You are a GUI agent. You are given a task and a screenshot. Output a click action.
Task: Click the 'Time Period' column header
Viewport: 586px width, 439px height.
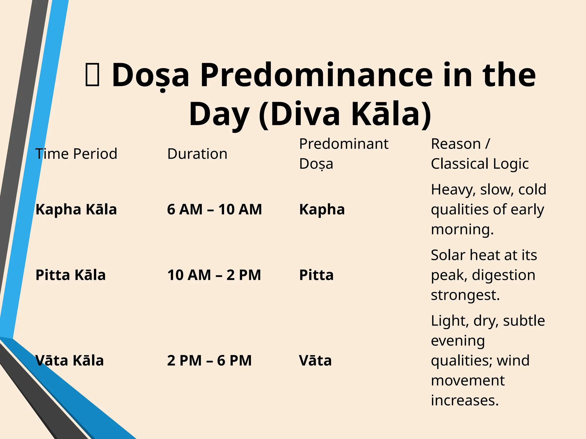coord(76,154)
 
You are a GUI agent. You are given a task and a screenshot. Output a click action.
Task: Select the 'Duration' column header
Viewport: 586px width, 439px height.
coord(197,154)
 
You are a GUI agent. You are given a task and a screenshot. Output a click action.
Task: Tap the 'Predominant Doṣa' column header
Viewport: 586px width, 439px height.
coord(343,154)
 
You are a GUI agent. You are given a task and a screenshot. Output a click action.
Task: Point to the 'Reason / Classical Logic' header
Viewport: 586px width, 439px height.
coord(480,154)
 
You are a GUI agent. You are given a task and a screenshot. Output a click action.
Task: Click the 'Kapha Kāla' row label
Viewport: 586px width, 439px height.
coord(76,209)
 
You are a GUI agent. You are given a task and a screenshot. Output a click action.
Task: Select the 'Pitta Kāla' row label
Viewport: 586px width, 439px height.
coord(70,275)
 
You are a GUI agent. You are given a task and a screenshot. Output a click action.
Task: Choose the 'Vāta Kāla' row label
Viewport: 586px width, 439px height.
coord(70,360)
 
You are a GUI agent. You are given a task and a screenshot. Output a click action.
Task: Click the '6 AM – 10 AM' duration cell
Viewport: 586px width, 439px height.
coord(214,209)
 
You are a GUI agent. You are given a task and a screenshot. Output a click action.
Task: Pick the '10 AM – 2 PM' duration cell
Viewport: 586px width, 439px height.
coord(214,275)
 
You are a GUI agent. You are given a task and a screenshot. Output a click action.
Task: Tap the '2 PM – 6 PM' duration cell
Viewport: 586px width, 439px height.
coord(209,360)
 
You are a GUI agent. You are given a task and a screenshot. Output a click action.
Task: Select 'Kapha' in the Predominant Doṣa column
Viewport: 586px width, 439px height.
coord(322,209)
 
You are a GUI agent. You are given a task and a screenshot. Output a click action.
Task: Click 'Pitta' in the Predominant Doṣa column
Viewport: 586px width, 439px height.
coord(316,275)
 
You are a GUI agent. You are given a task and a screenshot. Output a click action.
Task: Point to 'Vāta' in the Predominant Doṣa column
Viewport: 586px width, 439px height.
coord(315,360)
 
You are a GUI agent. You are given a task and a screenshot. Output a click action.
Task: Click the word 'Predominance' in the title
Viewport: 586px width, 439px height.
coord(316,75)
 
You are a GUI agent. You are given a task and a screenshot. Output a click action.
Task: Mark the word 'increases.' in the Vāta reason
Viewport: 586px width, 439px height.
coord(465,400)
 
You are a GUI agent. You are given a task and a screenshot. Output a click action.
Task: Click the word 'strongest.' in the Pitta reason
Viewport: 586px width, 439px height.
coord(465,295)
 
